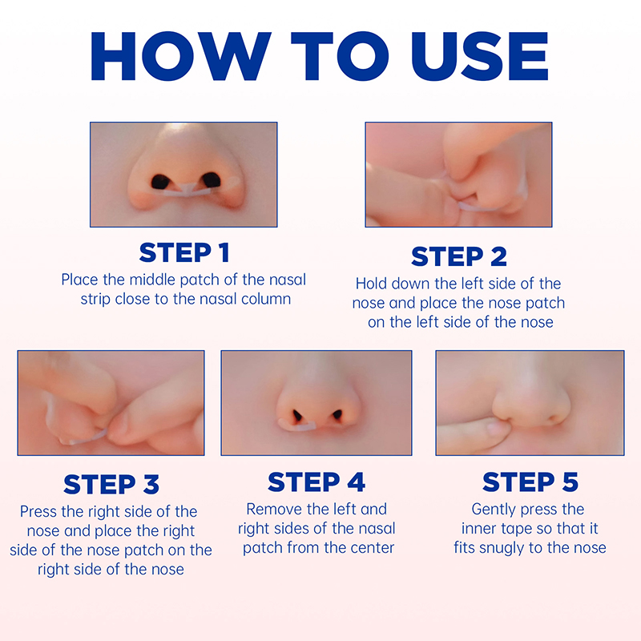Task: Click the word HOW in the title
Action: pos(180,55)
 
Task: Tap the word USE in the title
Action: pos(479,55)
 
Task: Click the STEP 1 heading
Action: pos(184,252)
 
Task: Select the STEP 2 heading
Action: pos(458,256)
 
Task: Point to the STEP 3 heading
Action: pos(111,485)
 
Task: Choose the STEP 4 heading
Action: pos(316,482)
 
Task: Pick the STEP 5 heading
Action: pos(530,482)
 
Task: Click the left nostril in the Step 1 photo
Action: pos(161,182)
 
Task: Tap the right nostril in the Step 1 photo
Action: pos(212,180)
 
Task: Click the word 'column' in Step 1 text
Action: pos(266,299)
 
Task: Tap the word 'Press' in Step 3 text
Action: pos(38,511)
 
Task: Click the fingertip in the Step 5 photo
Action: pos(496,430)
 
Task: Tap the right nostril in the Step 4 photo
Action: pos(337,415)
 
